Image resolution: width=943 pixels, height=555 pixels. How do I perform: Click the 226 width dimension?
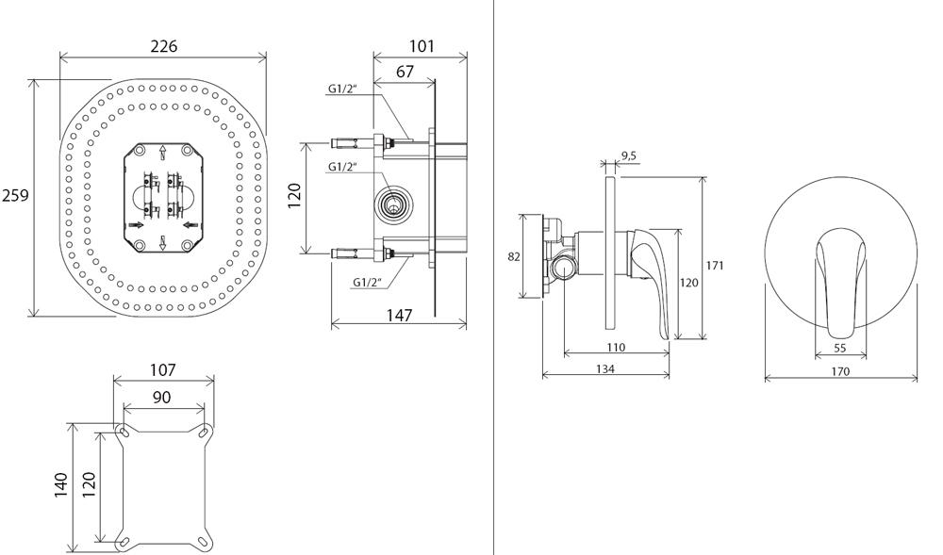click(163, 46)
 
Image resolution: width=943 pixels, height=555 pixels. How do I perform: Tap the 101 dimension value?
click(422, 46)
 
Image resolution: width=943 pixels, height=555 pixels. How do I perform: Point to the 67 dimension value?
click(405, 73)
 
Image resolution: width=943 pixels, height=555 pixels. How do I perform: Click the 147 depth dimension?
click(400, 316)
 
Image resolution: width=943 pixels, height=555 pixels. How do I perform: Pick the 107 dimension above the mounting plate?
click(162, 370)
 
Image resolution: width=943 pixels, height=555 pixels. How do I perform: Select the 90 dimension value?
click(162, 398)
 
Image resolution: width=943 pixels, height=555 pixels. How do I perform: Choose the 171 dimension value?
click(715, 266)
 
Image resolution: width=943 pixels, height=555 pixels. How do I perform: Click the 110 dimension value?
click(616, 347)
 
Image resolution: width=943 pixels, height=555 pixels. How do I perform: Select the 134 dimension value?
click(605, 369)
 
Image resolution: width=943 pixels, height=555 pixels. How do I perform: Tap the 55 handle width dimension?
click(841, 348)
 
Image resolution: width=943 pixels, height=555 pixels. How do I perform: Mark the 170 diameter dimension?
click(841, 371)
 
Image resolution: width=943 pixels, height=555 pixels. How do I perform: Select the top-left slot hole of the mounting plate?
click(124, 432)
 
